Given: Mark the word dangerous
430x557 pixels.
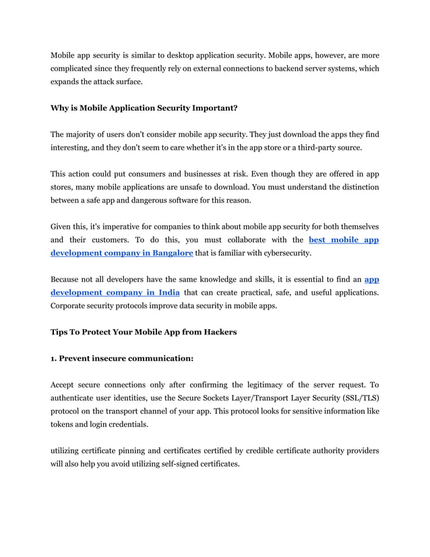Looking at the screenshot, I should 150,200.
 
